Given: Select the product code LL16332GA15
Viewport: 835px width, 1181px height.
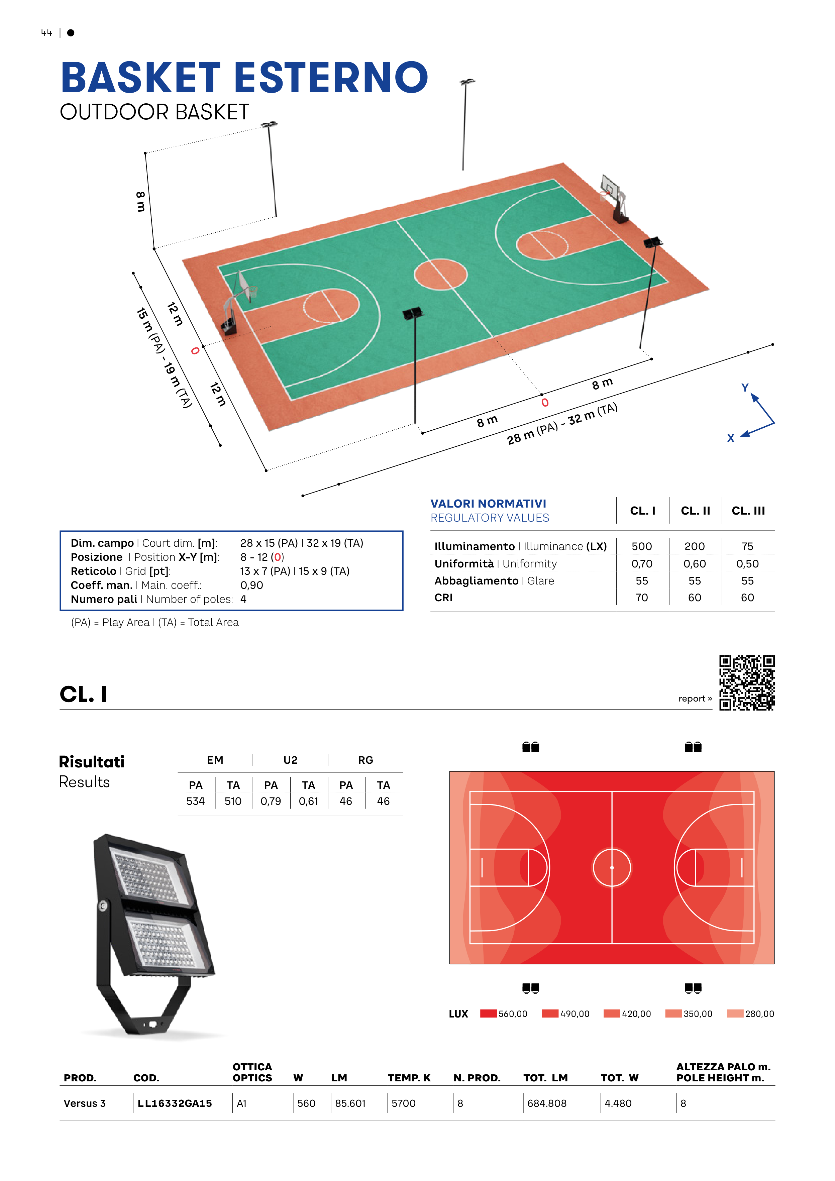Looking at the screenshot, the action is point(175,1103).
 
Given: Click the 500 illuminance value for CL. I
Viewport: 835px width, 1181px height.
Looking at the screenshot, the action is point(642,546).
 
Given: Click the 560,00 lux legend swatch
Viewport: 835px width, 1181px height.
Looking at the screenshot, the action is point(488,1013).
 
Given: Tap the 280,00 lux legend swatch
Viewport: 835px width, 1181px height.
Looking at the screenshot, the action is point(735,1013).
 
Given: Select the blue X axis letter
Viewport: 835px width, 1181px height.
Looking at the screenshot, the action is point(731,438).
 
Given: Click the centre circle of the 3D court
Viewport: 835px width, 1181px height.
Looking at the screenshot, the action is point(441,275).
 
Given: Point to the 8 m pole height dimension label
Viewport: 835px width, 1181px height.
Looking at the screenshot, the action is point(140,202).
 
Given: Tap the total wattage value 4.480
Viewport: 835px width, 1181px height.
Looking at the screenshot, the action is point(618,1103).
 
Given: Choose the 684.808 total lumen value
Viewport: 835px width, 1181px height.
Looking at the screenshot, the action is point(547,1103).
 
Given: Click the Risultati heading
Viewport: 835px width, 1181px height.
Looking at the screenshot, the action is point(92,762).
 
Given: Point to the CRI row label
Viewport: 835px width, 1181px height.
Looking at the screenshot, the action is point(443,598).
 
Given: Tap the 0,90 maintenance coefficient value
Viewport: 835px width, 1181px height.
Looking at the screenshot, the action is point(251,585).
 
